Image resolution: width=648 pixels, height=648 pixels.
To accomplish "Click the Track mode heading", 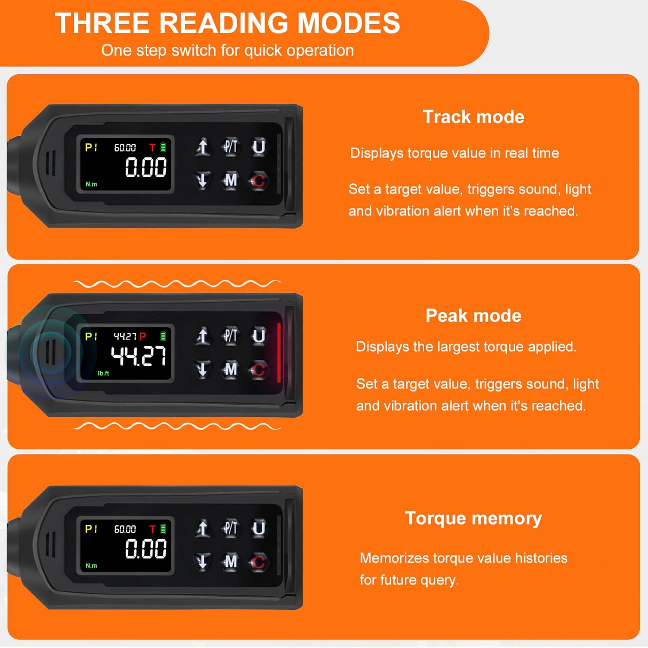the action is pyautogui.click(x=473, y=117).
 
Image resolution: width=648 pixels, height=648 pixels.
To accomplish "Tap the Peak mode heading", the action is pyautogui.click(x=473, y=316).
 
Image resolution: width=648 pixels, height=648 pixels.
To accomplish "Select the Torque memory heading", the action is pyautogui.click(x=473, y=518).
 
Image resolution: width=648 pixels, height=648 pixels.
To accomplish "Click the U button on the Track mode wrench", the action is pyautogui.click(x=258, y=147).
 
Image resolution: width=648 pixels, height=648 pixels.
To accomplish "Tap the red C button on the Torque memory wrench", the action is pyautogui.click(x=258, y=562).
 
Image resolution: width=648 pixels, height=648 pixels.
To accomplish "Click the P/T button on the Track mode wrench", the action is pyautogui.click(x=230, y=147).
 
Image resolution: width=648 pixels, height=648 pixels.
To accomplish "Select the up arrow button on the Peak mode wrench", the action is pyautogui.click(x=202, y=336).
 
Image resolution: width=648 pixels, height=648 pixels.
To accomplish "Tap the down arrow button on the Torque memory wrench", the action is pyautogui.click(x=202, y=562).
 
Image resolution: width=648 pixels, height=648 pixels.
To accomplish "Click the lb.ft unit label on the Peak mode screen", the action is pyautogui.click(x=103, y=373).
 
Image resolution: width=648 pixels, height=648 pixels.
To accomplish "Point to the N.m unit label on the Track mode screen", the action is pyautogui.click(x=91, y=184).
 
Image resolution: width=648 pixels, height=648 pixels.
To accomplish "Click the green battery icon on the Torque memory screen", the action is pyautogui.click(x=163, y=528).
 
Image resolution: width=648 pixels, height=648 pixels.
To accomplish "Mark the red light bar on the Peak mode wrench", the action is pyautogui.click(x=279, y=353).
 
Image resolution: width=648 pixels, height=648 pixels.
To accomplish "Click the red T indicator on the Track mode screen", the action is pyautogui.click(x=152, y=148).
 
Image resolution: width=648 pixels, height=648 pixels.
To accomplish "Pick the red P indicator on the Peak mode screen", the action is pyautogui.click(x=143, y=336).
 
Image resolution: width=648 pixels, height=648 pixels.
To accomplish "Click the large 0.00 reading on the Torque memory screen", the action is pyautogui.click(x=146, y=549).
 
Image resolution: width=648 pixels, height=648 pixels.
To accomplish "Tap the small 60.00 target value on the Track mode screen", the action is pyautogui.click(x=125, y=148).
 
